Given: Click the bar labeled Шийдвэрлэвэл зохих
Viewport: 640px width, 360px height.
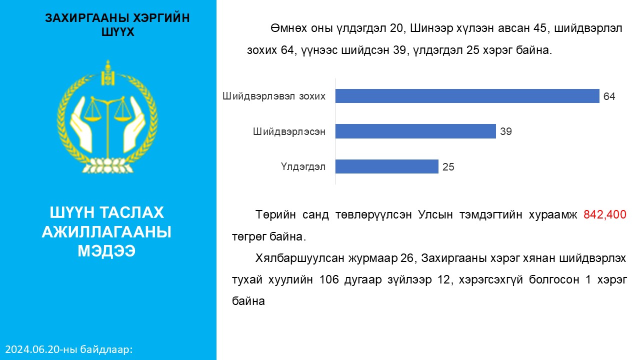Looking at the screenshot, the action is [467, 96].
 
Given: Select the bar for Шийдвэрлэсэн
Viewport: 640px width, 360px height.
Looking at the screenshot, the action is [415, 131].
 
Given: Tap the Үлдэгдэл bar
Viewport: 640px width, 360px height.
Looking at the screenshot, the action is [386, 166].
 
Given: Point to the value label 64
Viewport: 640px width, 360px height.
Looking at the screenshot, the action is [609, 96].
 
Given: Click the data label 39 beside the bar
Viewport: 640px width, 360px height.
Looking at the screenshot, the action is [505, 131].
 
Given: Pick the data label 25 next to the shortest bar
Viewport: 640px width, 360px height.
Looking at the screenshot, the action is [448, 167].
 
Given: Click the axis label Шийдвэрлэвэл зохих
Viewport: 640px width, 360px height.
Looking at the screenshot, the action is [273, 96].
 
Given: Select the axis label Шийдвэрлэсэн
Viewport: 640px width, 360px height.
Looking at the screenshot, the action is [289, 131].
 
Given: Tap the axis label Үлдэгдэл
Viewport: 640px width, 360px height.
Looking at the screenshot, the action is [303, 167].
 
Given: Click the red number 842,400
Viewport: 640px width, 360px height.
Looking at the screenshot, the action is [604, 214].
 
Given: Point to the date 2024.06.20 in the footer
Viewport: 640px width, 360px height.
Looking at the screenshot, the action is [31, 349].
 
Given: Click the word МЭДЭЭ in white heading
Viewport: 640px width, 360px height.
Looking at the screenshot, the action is [106, 251].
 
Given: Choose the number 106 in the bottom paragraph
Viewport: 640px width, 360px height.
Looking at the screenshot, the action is [328, 279].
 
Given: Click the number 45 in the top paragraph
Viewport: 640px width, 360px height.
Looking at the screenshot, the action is [539, 28].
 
